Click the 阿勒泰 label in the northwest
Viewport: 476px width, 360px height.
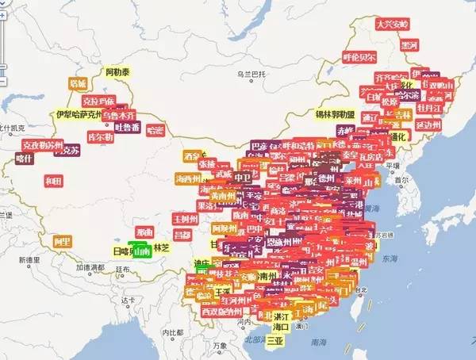click(x=119, y=72)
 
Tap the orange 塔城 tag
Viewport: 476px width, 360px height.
click(x=77, y=82)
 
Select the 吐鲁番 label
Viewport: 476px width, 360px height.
click(x=127, y=127)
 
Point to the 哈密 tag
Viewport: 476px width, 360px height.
click(x=155, y=130)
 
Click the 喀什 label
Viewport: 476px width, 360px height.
click(x=25, y=159)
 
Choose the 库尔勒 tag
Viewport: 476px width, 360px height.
click(x=100, y=137)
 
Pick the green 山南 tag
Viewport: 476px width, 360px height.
click(x=142, y=252)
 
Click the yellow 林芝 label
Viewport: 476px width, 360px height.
click(x=162, y=248)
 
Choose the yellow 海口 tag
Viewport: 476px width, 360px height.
click(x=282, y=326)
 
